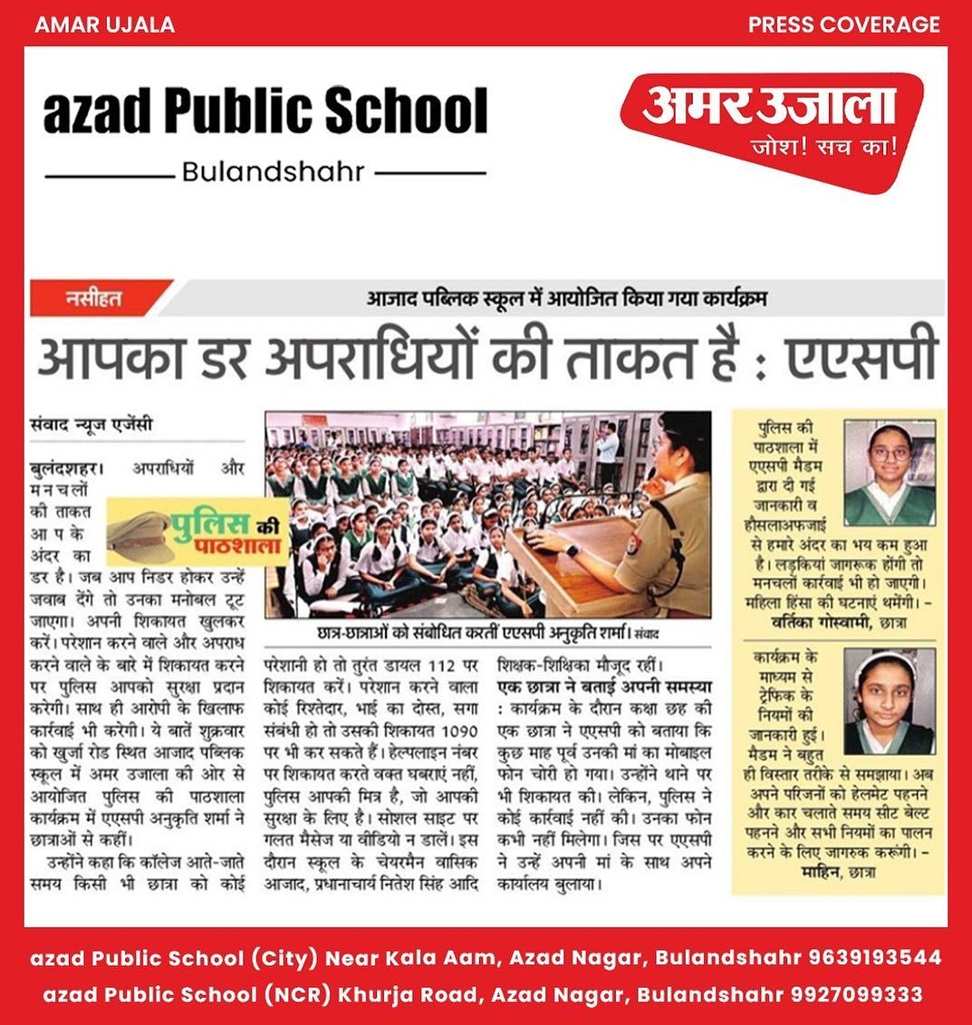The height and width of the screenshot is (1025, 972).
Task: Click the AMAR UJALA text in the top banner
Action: point(104,24)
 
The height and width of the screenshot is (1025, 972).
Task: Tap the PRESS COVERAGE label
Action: point(843,24)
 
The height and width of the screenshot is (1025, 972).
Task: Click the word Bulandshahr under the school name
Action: point(273,171)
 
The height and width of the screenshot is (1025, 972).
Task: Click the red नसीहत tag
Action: point(95,297)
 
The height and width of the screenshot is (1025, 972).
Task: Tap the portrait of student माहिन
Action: point(889,701)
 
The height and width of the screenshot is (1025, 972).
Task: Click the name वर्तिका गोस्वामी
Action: point(819,622)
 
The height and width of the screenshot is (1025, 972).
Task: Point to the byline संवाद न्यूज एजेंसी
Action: point(91,423)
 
